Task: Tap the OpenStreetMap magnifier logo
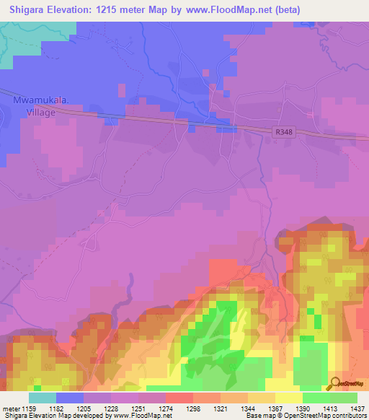tap(335, 382)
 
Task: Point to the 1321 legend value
tap(232, 408)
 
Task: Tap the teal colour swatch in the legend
tap(43, 397)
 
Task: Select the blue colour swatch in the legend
tap(70, 397)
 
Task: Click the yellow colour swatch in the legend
tap(289, 397)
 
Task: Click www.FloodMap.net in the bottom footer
tap(141, 416)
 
